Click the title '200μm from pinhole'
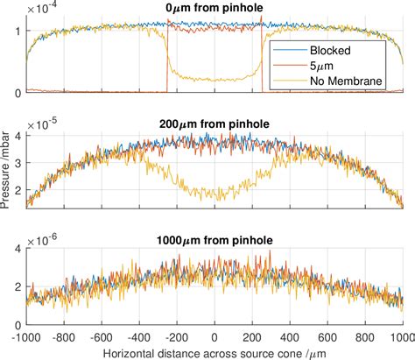(215, 124)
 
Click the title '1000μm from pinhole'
(215, 239)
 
